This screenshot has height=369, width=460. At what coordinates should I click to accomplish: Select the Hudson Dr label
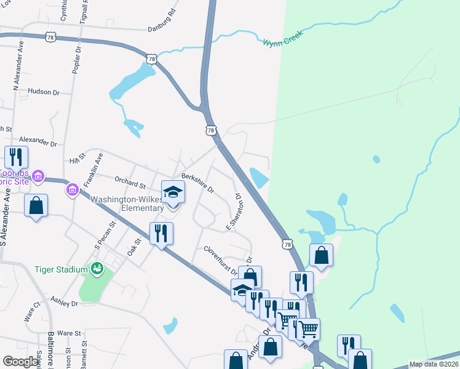click(x=43, y=92)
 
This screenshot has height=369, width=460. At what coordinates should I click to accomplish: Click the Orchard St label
click(x=129, y=182)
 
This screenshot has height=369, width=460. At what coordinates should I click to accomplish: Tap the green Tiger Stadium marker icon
click(x=97, y=269)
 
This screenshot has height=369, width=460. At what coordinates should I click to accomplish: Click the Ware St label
click(x=69, y=333)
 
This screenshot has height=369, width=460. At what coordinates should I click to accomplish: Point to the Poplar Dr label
click(x=76, y=60)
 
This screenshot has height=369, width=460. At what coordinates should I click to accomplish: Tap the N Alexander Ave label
click(x=17, y=65)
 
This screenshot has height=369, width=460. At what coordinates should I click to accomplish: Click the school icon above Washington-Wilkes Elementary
click(x=173, y=192)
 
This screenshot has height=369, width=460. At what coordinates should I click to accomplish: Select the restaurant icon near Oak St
click(x=161, y=233)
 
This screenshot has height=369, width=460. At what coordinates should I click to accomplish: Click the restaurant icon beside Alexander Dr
click(x=16, y=157)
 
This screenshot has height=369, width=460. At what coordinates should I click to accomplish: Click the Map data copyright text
click(x=434, y=364)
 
